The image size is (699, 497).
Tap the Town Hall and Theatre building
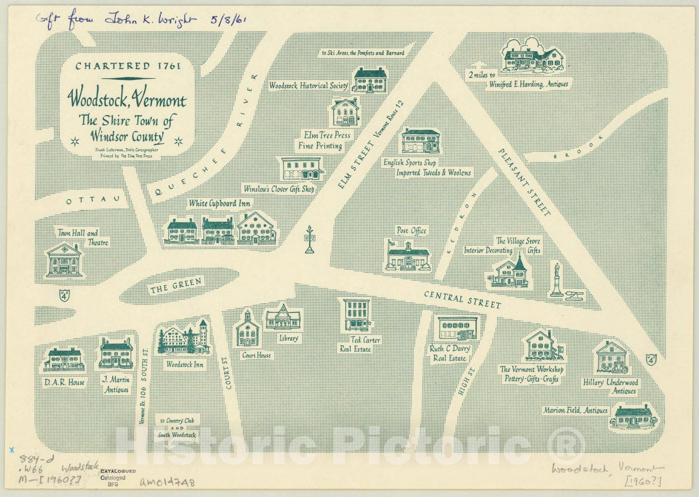tap(64, 261)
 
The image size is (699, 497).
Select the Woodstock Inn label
tap(185, 364)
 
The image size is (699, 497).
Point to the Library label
tap(288, 338)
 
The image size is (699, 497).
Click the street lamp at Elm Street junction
tap(309, 240)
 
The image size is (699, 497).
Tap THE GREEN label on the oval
tap(176, 286)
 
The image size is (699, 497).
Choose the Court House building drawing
tap(247, 330)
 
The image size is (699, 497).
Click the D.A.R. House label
tap(64, 382)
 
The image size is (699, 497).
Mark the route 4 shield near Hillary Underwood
tap(651, 359)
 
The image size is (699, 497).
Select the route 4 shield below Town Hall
tap(64, 295)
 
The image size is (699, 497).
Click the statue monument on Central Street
tap(557, 280)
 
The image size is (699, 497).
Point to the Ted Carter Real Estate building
tap(357, 315)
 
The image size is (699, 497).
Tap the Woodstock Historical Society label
tap(308, 86)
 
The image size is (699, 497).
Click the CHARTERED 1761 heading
tap(128, 66)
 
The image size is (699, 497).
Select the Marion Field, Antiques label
tap(575, 410)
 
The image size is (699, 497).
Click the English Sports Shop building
tap(420, 142)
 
